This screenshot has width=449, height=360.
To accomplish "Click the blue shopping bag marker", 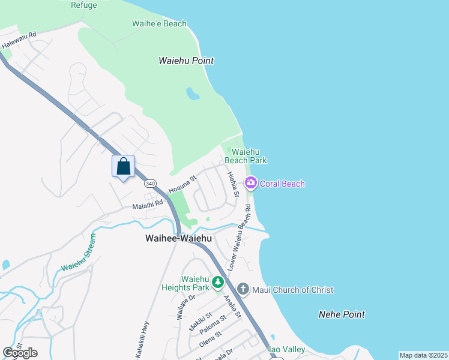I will click(x=123, y=166).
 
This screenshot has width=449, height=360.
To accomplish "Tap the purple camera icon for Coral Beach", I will click(x=251, y=183).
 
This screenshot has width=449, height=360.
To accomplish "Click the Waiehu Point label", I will click(x=186, y=61).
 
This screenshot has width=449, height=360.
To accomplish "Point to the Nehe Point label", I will click(x=342, y=314).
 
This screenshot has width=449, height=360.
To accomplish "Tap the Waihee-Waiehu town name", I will click(x=178, y=238).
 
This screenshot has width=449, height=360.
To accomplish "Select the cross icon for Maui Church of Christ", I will click(x=243, y=289).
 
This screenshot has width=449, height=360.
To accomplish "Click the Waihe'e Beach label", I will click(x=159, y=24).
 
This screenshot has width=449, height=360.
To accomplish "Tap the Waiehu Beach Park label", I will click(x=246, y=156).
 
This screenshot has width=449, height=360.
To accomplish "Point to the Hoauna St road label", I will click(x=182, y=184).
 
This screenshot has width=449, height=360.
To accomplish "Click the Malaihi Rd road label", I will click(x=148, y=204).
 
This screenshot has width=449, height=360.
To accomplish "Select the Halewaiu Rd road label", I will click(x=19, y=40).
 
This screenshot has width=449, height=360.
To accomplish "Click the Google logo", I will click(x=20, y=353).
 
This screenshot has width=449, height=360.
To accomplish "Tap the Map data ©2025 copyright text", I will click(x=423, y=355).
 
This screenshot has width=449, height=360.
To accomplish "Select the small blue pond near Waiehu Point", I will click(x=193, y=94).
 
